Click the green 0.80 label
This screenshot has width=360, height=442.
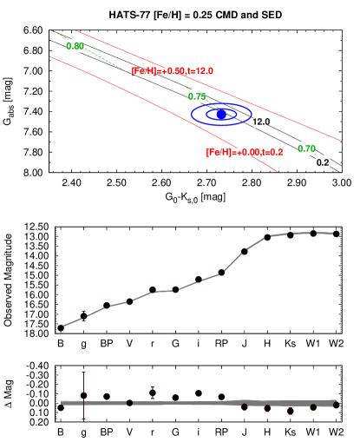pos(75,46)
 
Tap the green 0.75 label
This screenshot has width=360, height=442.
pos(197,96)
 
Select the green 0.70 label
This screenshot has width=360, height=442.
pos(306,148)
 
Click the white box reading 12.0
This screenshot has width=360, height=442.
pos(260,122)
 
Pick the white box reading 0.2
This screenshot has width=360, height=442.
pos(323,162)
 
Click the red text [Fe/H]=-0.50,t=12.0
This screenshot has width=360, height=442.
pos(172,71)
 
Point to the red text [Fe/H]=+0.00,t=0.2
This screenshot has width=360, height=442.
pos(244,152)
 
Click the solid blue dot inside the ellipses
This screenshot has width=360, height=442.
pos(221,114)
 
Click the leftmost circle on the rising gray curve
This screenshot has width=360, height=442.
pos(83,316)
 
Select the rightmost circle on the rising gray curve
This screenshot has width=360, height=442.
pos(336,233)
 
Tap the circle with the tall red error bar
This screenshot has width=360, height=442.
pos(83,396)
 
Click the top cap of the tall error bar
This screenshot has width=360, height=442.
pos(83,372)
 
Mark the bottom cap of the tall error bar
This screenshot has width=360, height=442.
pos(83,419)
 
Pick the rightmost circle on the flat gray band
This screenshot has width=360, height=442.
pos(336,405)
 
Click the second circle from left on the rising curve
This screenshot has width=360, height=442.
pos(107,305)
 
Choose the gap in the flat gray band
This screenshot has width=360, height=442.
pos(129,403)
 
